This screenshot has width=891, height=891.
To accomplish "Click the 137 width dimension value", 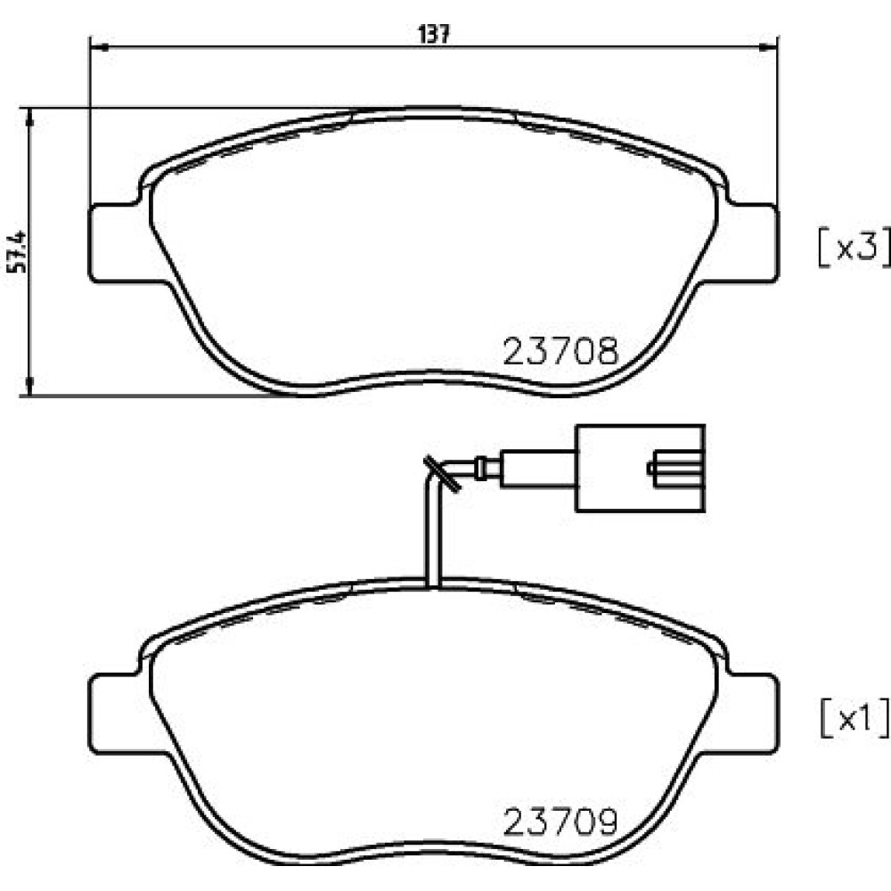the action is point(434,35).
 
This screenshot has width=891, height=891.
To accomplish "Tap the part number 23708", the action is point(560,352).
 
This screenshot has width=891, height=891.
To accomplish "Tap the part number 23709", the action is point(560,822).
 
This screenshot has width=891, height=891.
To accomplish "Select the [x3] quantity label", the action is point(854,247).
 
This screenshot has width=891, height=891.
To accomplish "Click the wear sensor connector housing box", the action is point(641,468).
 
